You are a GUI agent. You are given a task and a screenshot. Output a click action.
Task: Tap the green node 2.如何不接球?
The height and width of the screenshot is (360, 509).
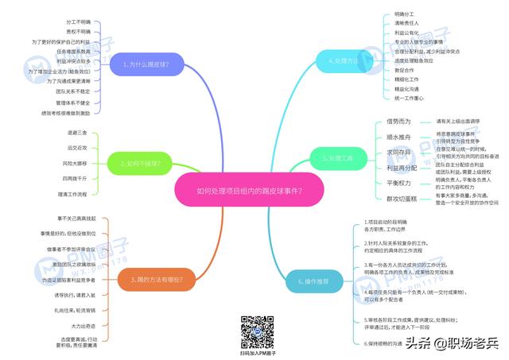tap(140, 165)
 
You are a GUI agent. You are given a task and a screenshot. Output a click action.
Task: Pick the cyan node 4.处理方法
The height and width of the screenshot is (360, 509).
tap(343, 60)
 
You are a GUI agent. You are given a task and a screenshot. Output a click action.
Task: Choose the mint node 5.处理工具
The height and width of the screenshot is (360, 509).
tap(338, 158)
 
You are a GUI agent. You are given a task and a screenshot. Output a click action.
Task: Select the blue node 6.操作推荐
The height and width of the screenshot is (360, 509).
tap(307, 281)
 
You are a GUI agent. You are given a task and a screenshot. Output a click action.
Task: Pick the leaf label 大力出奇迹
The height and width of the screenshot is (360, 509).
tap(83, 325)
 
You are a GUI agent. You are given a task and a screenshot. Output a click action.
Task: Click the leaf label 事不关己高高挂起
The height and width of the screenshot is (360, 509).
tap(76, 218)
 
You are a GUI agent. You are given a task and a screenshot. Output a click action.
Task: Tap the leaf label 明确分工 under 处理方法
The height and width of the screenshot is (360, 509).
tap(404, 14)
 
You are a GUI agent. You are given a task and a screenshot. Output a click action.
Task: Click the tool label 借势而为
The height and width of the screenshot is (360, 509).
tap(398, 122)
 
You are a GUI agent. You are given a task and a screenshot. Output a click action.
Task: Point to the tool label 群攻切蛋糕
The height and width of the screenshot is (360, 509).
tap(402, 198)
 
